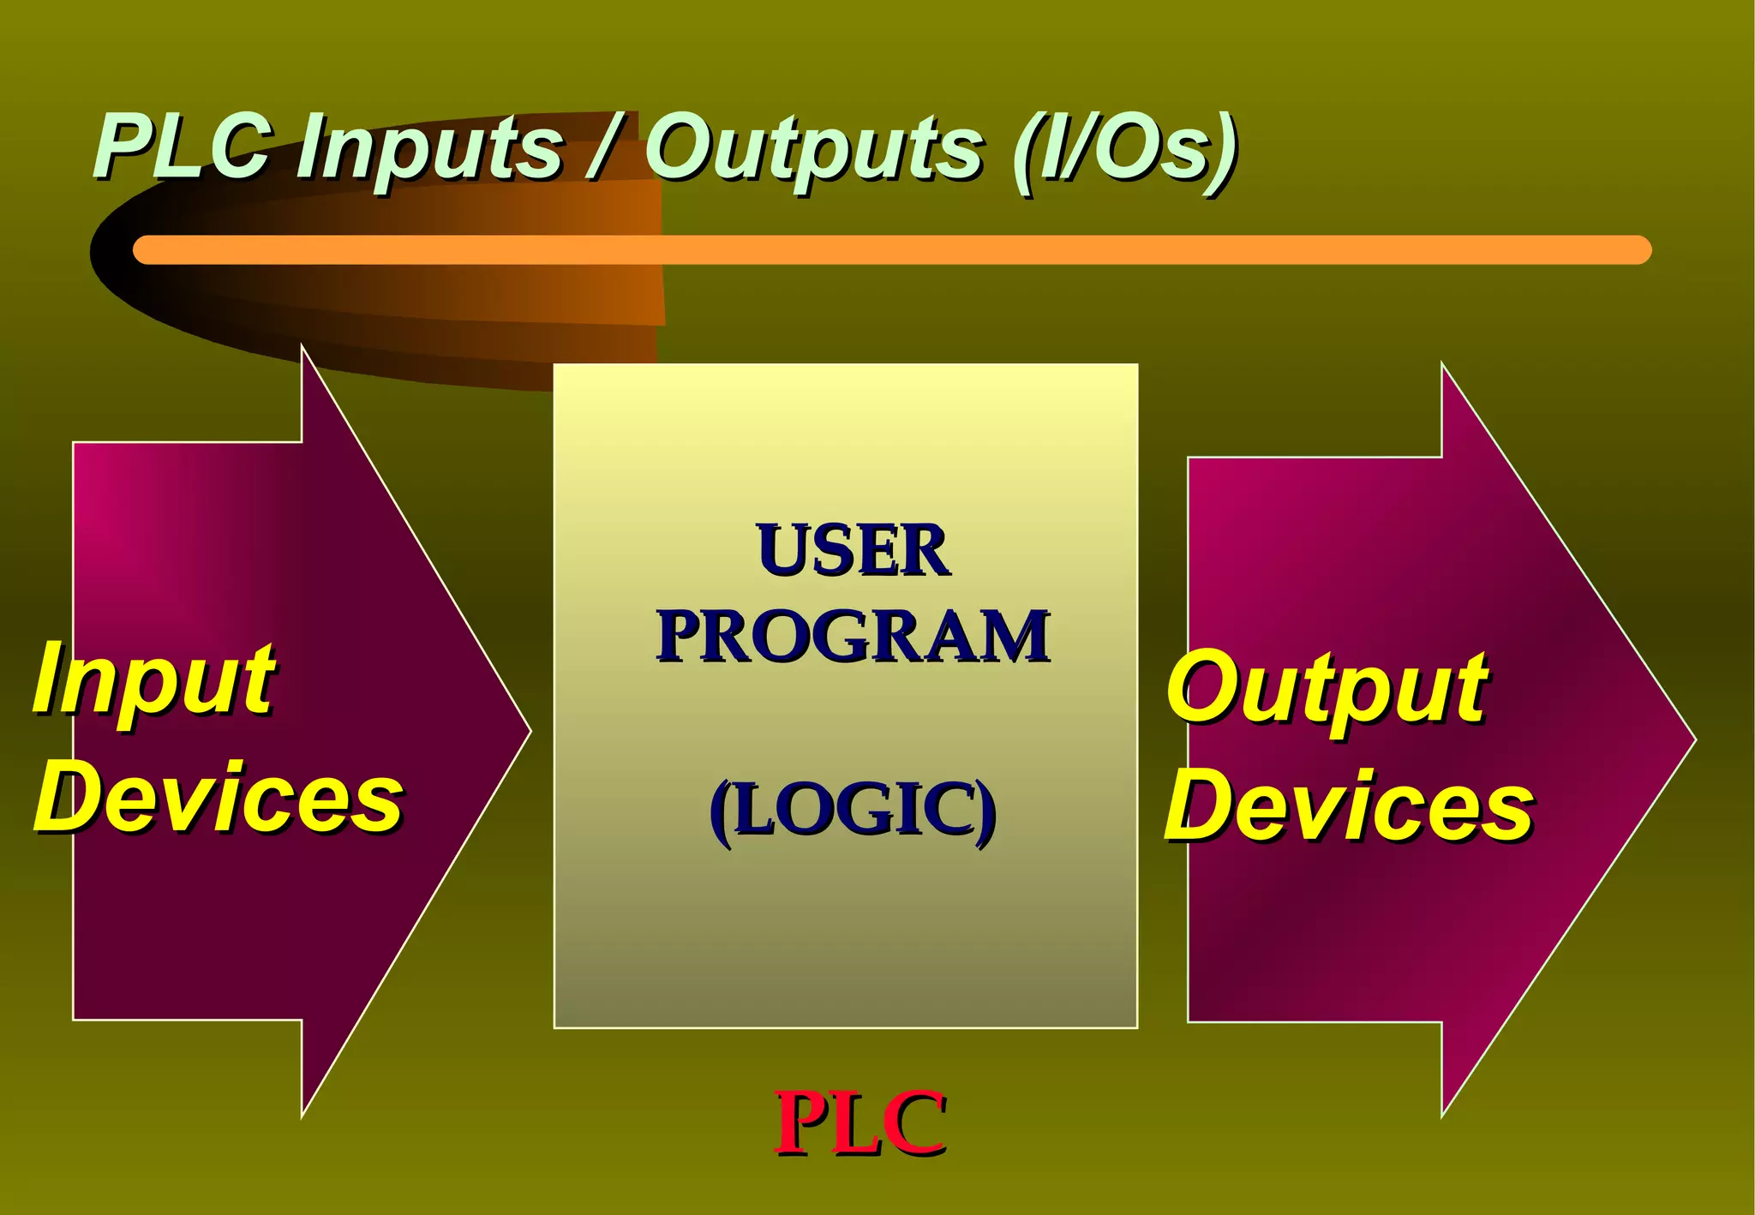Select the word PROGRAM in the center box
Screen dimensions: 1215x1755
[x=853, y=636]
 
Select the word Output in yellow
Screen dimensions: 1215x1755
[x=1327, y=688]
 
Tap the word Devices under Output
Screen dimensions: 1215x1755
[x=1349, y=805]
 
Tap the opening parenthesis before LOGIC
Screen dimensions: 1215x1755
[x=722, y=811]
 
